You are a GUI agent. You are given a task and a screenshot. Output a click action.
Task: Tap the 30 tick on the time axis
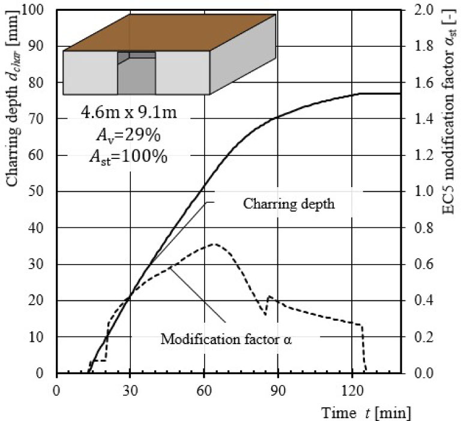pyautogui.click(x=130, y=387)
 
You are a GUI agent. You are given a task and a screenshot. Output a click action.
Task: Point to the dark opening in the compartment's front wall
pyautogui.click(x=136, y=76)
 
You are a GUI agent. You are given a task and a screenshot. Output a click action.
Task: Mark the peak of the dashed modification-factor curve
pyautogui.click(x=215, y=244)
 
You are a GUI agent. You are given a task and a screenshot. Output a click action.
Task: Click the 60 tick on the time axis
pyautogui.click(x=204, y=387)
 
